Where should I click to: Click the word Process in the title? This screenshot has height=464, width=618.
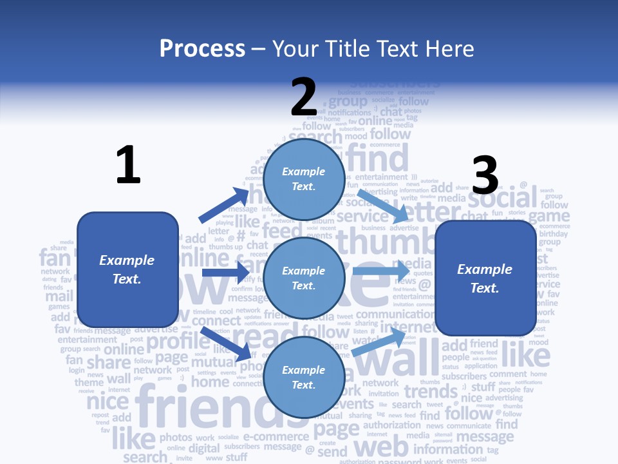pyautogui.click(x=202, y=48)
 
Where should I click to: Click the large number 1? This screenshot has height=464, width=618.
pyautogui.click(x=128, y=165)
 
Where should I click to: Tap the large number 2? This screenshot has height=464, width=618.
pyautogui.click(x=304, y=97)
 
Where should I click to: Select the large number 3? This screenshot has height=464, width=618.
pyautogui.click(x=485, y=175)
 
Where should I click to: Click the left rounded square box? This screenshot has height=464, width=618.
pyautogui.click(x=127, y=269)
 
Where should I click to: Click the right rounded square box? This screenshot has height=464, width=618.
pyautogui.click(x=485, y=278)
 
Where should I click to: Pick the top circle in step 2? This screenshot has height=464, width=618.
pyautogui.click(x=304, y=179)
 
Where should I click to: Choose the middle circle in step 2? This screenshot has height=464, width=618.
pyautogui.click(x=304, y=278)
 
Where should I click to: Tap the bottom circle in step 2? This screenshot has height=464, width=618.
pyautogui.click(x=304, y=377)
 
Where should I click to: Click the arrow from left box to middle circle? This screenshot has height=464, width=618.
pyautogui.click(x=225, y=273)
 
